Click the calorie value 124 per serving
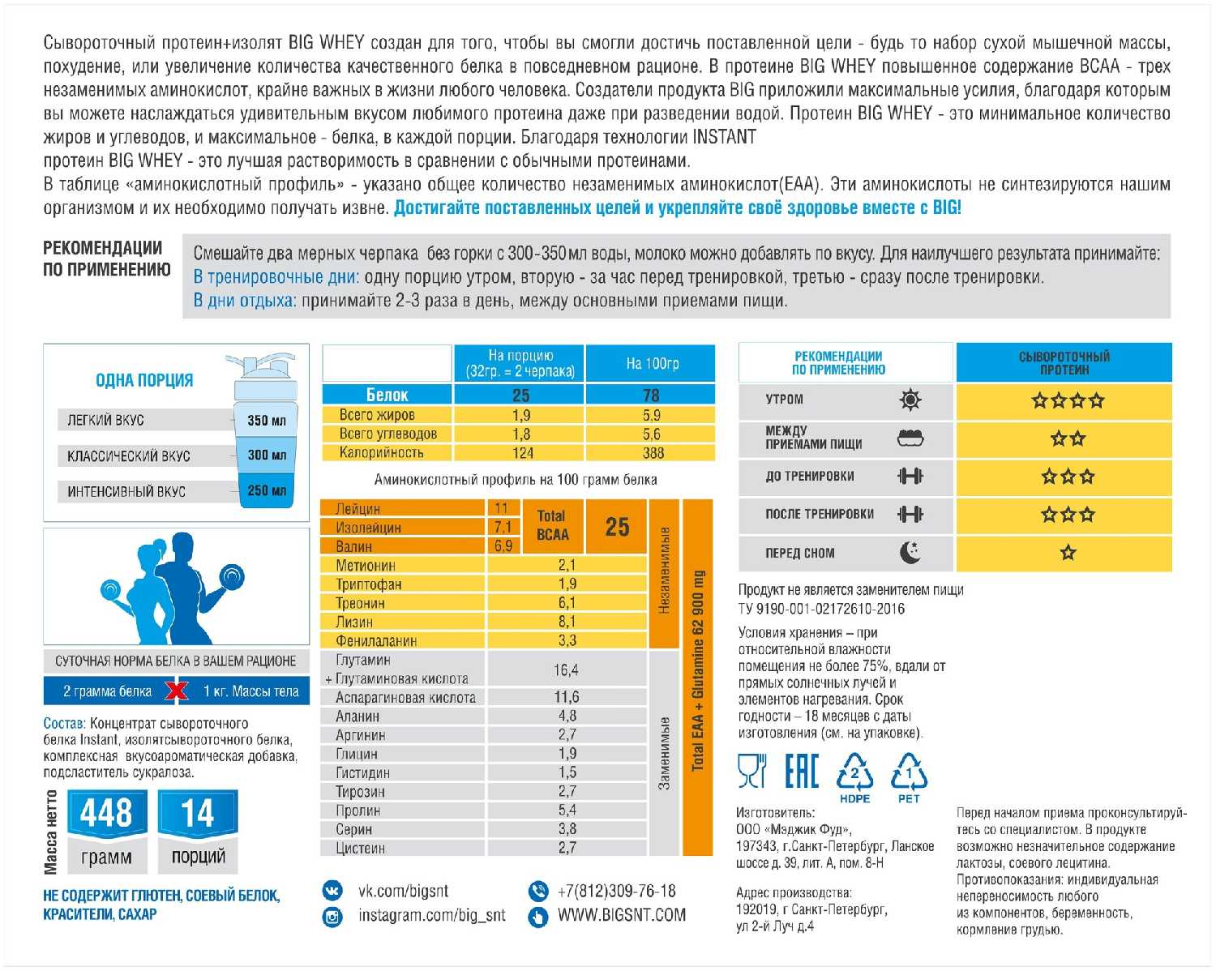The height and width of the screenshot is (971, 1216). point(522,453)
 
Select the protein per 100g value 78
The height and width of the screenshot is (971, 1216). point(651,396)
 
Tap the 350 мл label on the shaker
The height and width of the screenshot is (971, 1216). point(267,420)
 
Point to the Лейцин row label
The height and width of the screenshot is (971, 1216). point(358,509)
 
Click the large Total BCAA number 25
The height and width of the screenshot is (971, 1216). point(617,527)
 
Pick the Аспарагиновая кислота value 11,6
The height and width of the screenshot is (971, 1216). point(567,697)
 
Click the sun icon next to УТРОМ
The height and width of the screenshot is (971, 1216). point(910,400)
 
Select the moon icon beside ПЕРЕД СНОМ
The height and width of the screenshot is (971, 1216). point(910,553)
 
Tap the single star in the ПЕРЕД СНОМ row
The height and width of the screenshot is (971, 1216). point(1068,553)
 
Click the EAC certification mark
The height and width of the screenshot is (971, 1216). point(801,771)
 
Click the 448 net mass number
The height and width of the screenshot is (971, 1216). point(106,813)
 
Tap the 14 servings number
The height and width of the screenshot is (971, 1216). point(198,813)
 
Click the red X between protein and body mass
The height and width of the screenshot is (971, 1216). point(177,691)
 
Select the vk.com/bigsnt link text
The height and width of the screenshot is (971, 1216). point(403,892)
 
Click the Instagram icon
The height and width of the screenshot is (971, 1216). point(332,917)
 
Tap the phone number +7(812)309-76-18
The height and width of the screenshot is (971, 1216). point(616,892)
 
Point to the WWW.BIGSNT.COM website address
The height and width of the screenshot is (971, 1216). point(621,916)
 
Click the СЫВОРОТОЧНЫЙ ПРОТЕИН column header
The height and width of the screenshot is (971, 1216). point(1064,363)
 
